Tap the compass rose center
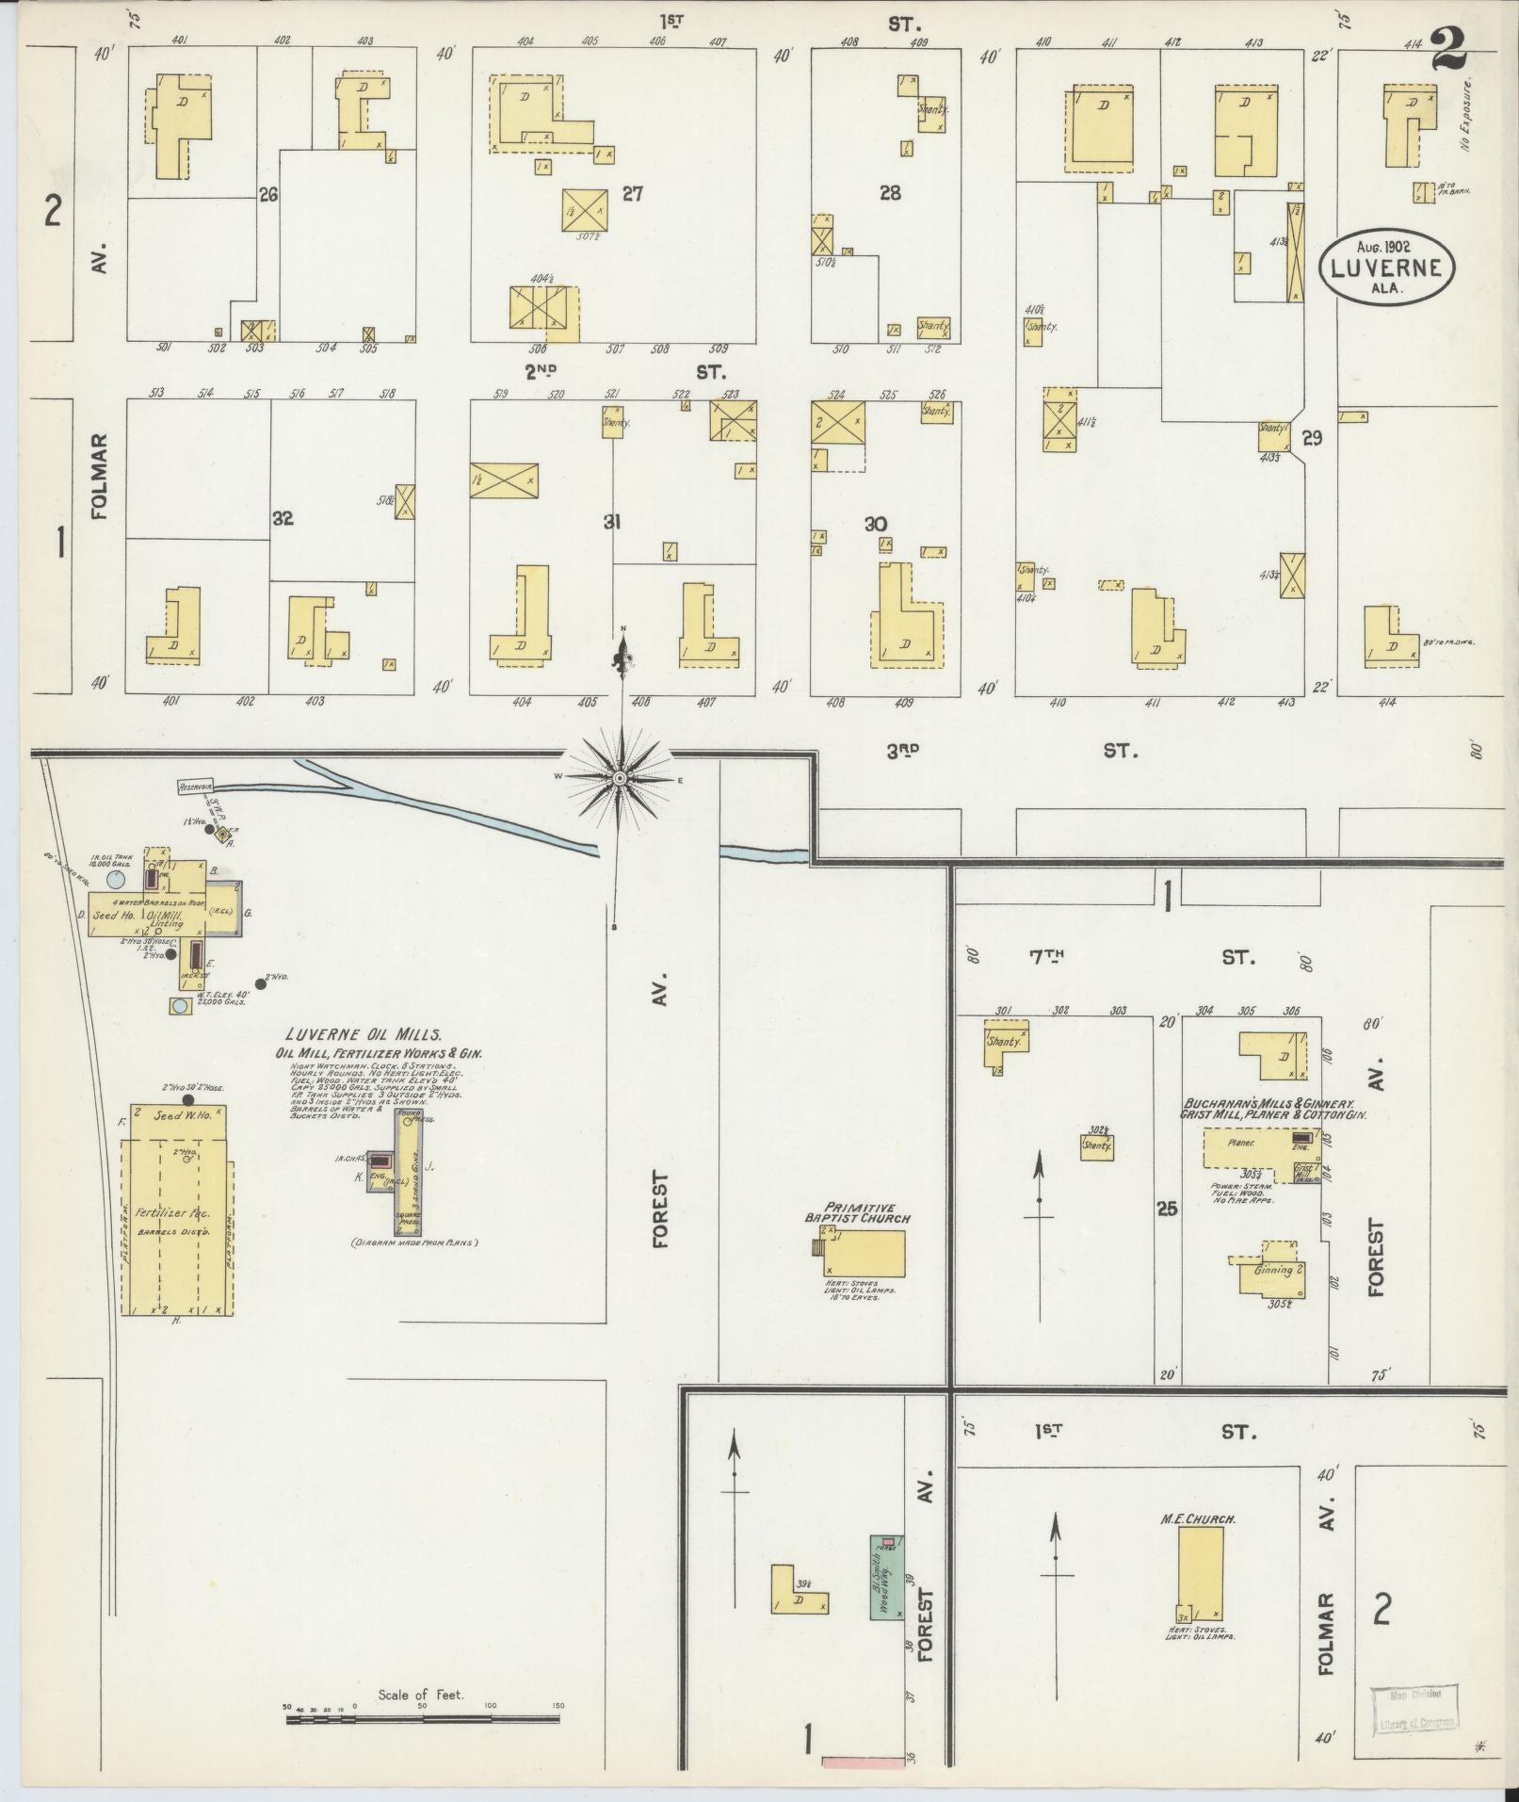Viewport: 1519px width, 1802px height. click(620, 778)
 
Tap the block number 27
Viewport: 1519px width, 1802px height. click(632, 194)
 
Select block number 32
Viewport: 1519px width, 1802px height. click(283, 518)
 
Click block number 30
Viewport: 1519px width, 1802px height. click(877, 524)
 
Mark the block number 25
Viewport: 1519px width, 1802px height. click(1167, 1208)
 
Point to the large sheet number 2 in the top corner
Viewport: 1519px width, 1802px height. click(1448, 49)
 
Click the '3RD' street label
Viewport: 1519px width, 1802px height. click(901, 751)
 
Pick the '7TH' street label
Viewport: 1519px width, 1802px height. click(1045, 957)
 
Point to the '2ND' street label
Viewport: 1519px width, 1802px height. click(541, 372)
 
